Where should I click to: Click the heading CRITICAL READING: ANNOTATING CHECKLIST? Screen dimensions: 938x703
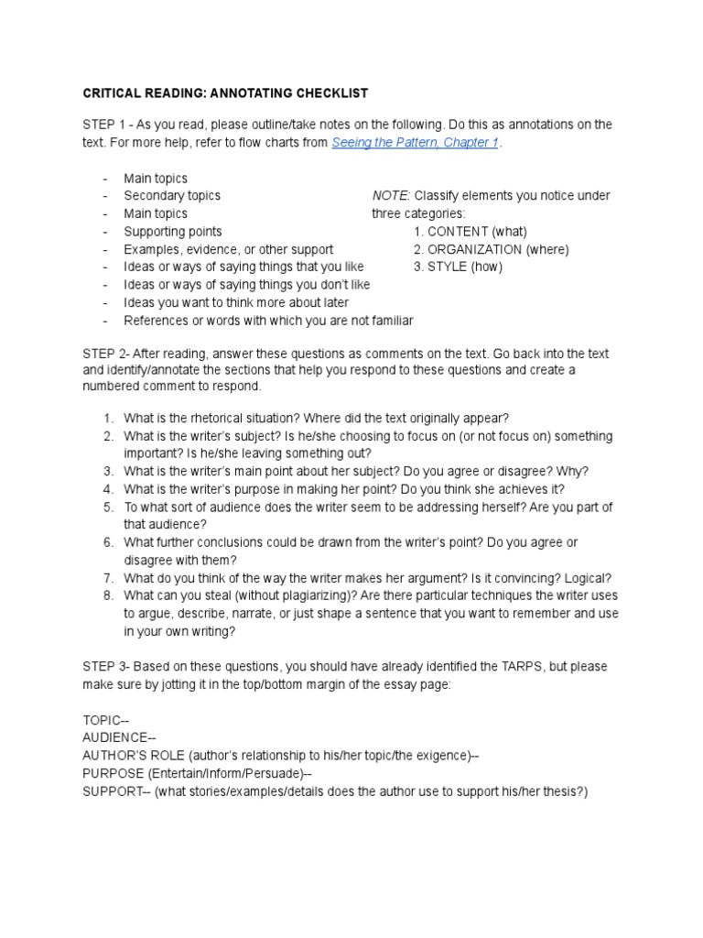226,93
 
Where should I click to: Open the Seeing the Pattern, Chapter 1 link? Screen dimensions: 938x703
415,143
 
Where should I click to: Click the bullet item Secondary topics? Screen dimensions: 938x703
172,195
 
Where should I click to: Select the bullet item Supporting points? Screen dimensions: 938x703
172,231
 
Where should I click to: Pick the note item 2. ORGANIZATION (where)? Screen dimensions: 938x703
491,249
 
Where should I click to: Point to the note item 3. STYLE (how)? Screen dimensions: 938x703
458,267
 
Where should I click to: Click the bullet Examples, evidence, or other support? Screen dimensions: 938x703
228,249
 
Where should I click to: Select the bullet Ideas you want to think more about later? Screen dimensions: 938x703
236,302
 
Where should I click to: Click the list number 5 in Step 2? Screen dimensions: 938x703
108,507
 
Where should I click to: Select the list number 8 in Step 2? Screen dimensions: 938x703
108,595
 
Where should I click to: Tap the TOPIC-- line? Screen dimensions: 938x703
105,720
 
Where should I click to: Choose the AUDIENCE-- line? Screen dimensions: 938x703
119,737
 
